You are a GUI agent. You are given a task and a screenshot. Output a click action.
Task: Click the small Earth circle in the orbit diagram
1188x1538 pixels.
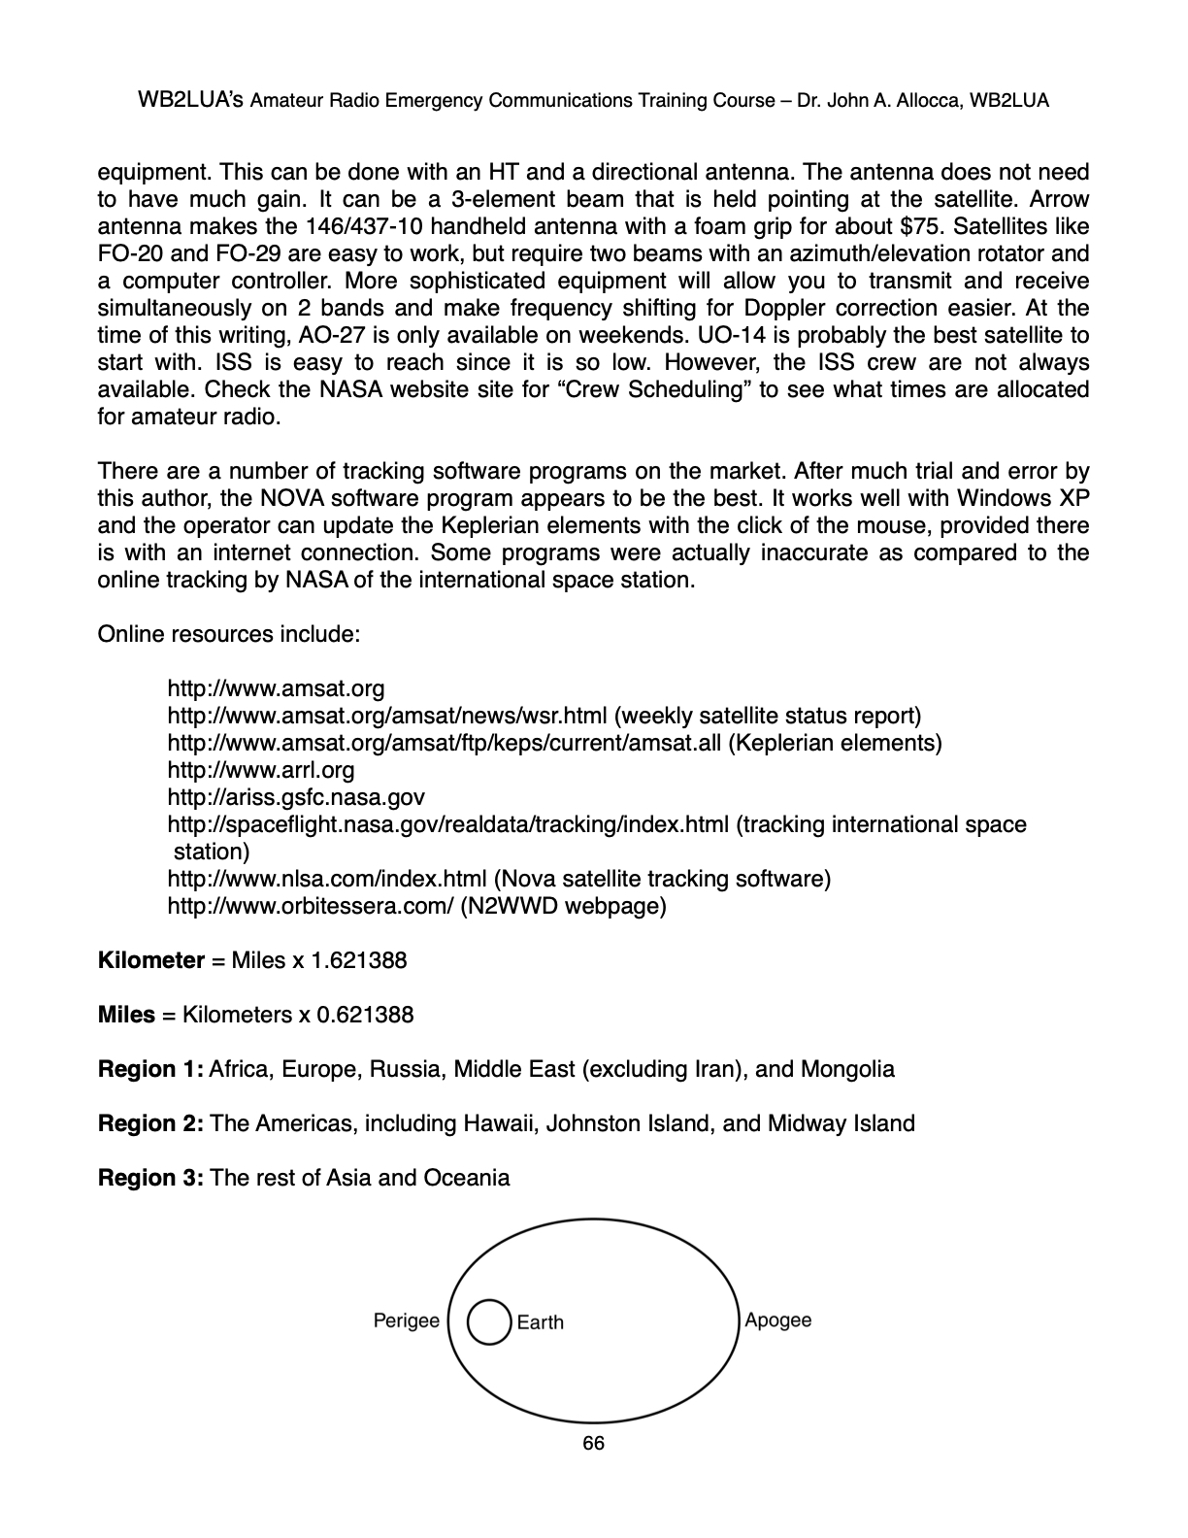(489, 1322)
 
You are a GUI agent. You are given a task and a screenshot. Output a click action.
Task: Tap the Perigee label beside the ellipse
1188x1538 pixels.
(407, 1321)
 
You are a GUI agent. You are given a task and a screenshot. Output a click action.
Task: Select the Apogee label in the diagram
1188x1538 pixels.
(777, 1321)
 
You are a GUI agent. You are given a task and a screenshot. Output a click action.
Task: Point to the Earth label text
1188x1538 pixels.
(540, 1322)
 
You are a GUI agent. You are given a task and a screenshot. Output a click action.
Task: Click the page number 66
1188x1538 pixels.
(593, 1444)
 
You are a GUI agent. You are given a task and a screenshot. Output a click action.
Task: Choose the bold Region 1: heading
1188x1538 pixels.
(150, 1070)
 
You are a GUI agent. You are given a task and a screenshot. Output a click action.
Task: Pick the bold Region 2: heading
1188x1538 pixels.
(150, 1124)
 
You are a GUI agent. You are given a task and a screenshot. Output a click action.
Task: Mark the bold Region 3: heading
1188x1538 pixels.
(150, 1179)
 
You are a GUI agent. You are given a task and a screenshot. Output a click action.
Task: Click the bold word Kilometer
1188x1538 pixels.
(150, 961)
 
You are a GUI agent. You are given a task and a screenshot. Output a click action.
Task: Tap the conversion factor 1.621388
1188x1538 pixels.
(358, 961)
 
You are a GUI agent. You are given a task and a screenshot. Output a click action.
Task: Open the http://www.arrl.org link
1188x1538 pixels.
(261, 771)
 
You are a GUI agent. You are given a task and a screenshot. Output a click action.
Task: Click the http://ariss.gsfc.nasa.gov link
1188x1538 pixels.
(296, 798)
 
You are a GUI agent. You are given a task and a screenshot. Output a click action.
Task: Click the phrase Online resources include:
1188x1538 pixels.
(229, 635)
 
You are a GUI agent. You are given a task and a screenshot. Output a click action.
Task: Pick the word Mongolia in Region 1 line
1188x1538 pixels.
(847, 1070)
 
